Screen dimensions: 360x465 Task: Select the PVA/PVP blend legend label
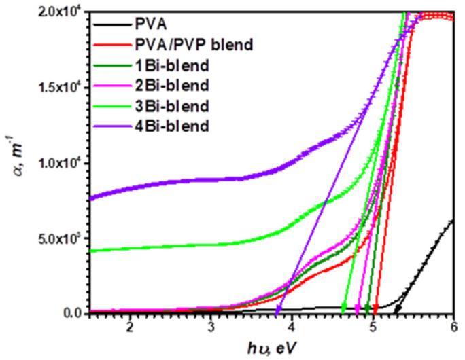[211, 46]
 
